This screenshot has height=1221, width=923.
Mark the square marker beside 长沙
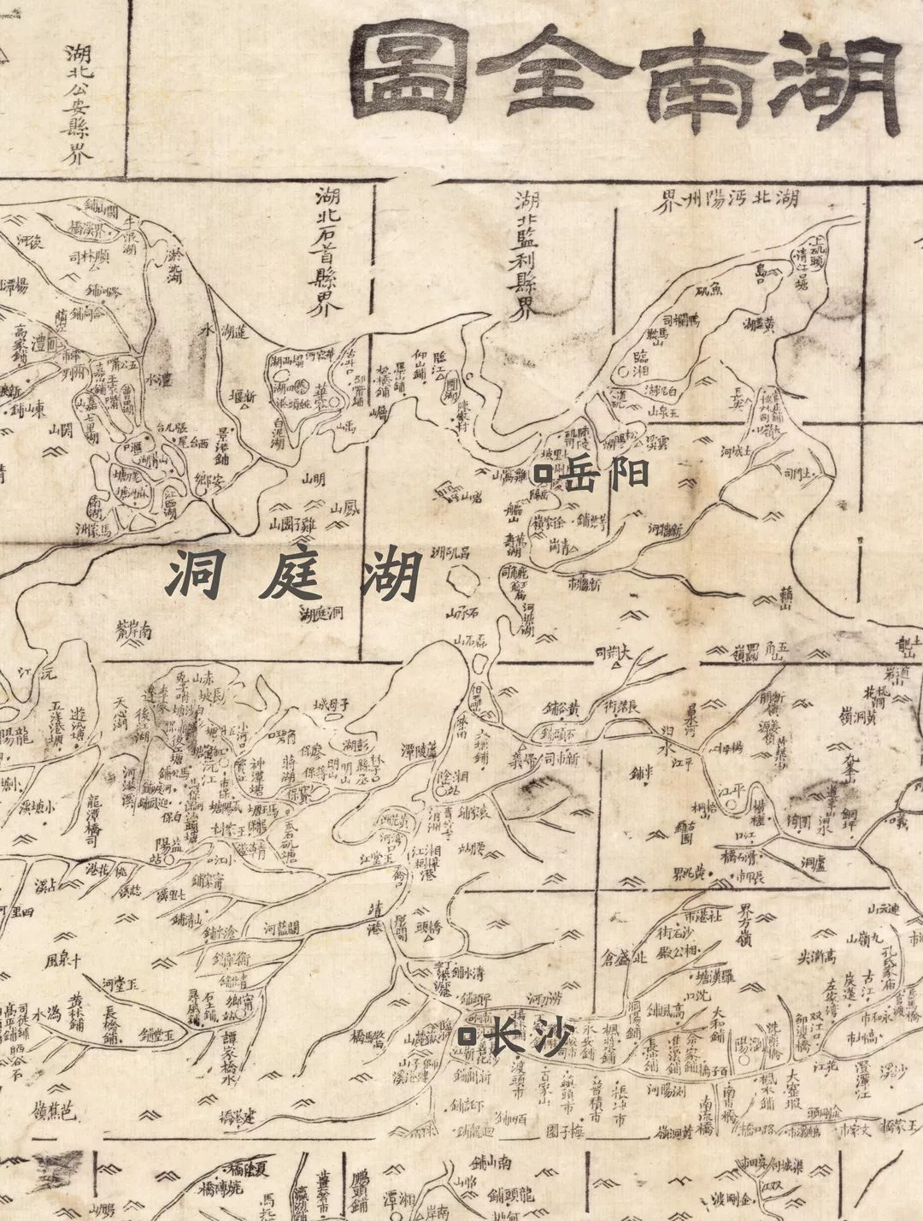pos(467,1037)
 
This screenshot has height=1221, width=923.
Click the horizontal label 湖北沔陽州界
pos(726,202)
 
